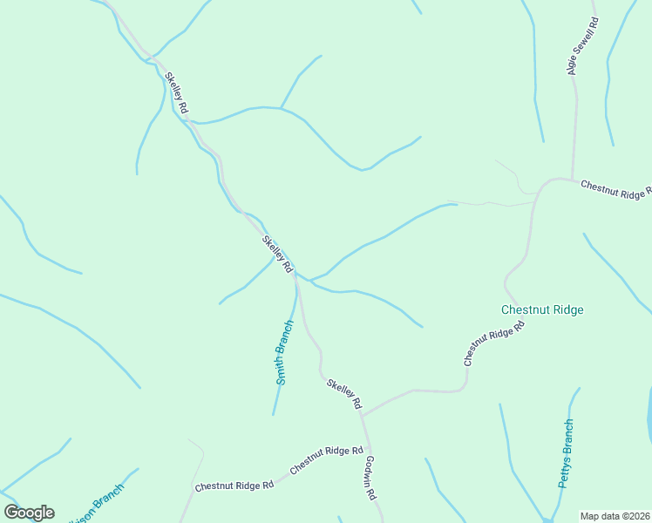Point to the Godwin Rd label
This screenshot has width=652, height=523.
pos(370,477)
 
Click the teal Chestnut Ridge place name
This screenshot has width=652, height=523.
pos(542,309)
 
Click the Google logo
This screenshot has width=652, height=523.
pos(29,513)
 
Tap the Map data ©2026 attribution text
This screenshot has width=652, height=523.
pos(614,516)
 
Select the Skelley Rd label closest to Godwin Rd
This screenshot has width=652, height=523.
pos(344,394)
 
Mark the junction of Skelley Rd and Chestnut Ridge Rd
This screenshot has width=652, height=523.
pos(362,415)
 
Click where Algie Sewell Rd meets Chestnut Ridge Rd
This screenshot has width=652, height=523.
pos(572,180)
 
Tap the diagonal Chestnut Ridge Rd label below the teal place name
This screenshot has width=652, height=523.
pos(494,343)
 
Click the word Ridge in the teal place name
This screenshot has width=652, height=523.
pos(568,309)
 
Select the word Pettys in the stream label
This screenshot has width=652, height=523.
pos(564,468)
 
